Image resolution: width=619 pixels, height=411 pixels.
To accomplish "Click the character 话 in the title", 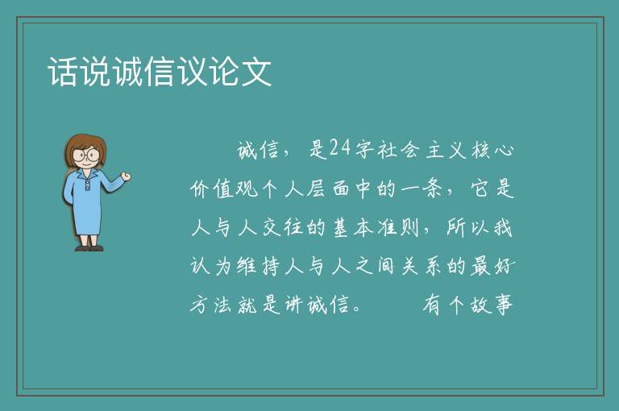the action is tap(63, 72).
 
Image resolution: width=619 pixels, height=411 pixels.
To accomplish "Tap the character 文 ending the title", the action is tap(256, 72).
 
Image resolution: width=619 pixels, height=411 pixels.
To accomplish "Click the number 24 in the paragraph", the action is tap(340, 148).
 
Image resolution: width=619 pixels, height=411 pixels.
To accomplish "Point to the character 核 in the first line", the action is tap(481, 149).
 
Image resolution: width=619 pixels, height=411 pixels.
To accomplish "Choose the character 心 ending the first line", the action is tap(504, 149).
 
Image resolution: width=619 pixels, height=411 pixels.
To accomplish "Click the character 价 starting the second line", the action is tap(201, 189).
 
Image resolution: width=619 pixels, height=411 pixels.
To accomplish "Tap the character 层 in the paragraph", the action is tap(316, 189).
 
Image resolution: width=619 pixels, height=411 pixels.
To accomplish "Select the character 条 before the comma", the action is tap(432, 189).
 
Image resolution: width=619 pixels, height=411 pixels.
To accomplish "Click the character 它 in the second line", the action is tap(481, 189).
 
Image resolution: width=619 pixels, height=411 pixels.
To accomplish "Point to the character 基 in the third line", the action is tap(340, 227).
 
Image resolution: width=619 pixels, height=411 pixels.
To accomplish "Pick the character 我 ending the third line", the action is tap(503, 227).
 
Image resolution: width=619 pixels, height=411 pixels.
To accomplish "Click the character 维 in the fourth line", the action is tap(247, 266).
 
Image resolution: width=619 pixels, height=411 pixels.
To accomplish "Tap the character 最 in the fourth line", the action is tap(481, 266).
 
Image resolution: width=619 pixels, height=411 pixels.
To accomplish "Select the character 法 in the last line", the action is tap(224, 305).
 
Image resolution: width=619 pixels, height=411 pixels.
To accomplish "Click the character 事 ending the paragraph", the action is tap(503, 305).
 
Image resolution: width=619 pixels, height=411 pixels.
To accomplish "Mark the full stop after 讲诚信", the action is tap(357, 309).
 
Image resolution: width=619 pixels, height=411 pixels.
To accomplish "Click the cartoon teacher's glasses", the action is tap(86, 155).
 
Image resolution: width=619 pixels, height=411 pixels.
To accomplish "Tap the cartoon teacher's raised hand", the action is tap(126, 176).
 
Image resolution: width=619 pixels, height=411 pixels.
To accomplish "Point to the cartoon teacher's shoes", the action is tap(89, 248).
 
